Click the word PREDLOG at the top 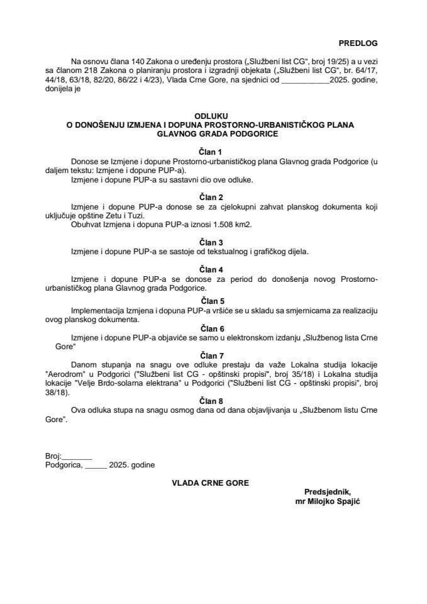click(359, 43)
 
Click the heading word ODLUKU click(211, 116)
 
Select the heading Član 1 click(211, 152)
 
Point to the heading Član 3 click(211, 242)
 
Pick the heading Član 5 click(211, 301)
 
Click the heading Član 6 click(211, 328)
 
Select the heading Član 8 click(211, 400)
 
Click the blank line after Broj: click(77, 456)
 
